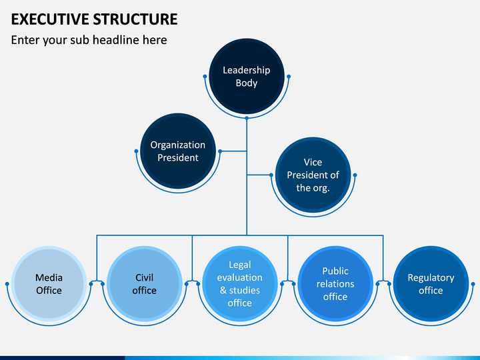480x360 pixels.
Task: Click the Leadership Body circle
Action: (x=247, y=76)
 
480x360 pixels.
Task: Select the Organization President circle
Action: (x=178, y=151)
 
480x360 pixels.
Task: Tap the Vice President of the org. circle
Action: (x=313, y=175)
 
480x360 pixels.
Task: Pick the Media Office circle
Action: (x=49, y=284)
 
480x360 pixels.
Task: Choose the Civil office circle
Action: (x=144, y=284)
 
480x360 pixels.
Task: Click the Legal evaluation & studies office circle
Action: (x=240, y=284)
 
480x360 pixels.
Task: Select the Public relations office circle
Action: (x=335, y=284)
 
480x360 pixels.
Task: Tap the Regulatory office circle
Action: (x=431, y=284)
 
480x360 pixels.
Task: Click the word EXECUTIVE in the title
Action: (x=50, y=19)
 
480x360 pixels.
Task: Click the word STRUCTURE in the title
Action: (x=135, y=19)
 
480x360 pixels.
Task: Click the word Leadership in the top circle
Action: (x=247, y=70)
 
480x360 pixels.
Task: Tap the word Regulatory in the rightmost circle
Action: (x=431, y=277)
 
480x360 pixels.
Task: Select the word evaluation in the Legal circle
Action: (x=240, y=277)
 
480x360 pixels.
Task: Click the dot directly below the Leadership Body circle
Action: (x=247, y=118)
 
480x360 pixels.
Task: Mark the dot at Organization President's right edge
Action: (x=220, y=151)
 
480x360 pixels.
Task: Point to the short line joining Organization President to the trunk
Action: (x=234, y=151)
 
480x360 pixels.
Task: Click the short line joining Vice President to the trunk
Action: (x=259, y=175)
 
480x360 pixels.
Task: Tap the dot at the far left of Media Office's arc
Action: (x=7, y=284)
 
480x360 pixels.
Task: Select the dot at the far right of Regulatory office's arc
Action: (x=473, y=284)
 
